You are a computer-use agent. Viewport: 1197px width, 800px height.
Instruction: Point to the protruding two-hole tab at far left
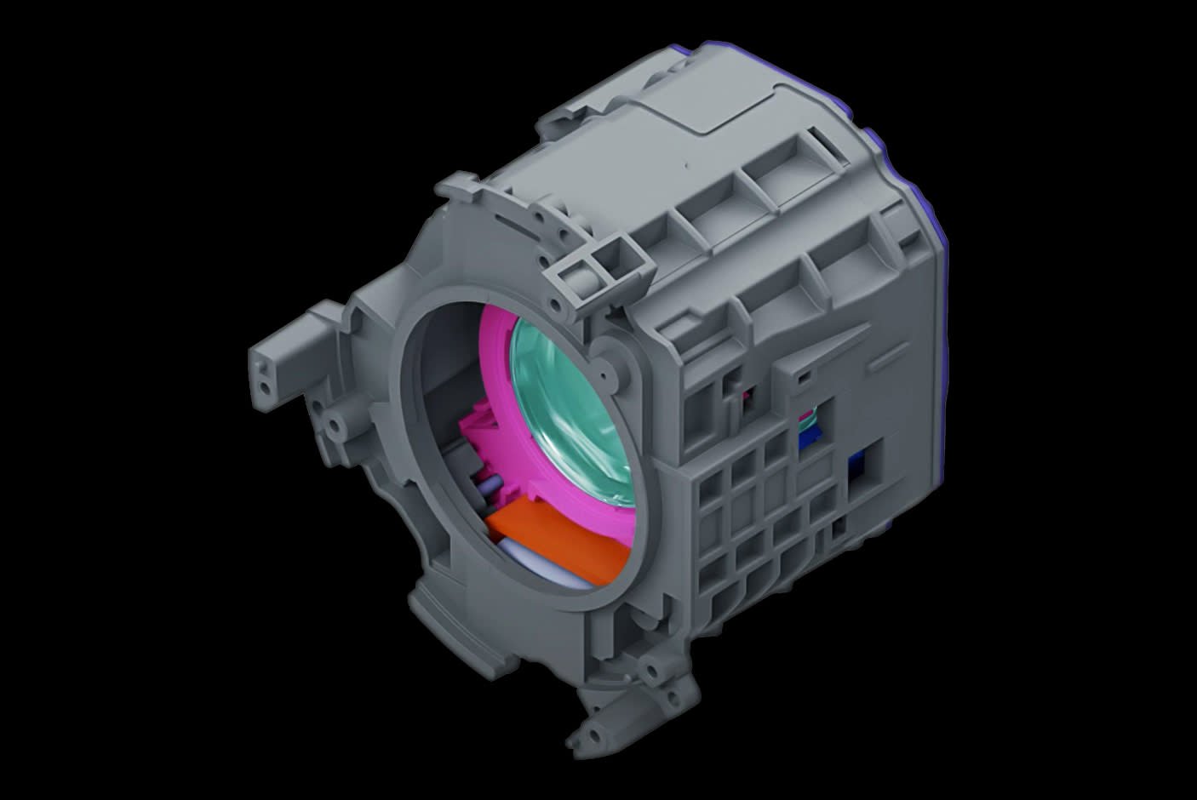[271, 369]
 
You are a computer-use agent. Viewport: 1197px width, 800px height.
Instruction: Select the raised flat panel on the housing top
[724, 111]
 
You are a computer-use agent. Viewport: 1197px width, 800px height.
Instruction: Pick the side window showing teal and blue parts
[809, 426]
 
